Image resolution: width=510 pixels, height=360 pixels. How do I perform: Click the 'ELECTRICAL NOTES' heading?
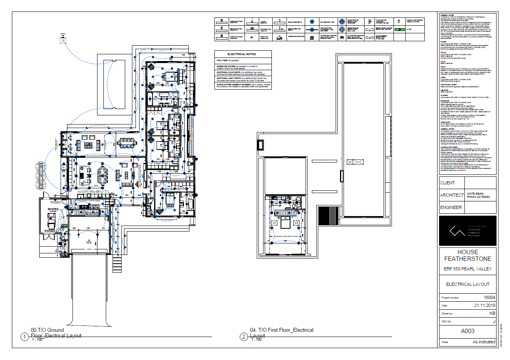tap(241, 54)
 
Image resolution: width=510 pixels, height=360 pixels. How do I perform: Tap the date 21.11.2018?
tap(485, 305)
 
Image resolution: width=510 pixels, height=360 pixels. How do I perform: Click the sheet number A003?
tap(468, 331)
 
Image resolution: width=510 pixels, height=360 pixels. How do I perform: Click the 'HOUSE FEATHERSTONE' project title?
tap(468, 255)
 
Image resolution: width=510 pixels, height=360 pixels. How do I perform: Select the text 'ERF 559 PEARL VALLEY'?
tap(468, 269)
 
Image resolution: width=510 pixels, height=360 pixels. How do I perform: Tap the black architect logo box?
tap(468, 232)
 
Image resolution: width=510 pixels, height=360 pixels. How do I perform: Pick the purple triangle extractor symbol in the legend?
tap(251, 37)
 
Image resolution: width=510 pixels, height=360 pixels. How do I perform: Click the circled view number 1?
tap(25, 337)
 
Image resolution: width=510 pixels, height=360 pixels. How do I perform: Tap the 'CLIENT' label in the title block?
tap(447, 183)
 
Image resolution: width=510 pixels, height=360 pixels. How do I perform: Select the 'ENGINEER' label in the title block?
tap(451, 207)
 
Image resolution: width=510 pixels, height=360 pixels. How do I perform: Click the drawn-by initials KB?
tap(492, 313)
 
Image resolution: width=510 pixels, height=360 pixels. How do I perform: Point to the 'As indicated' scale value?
tap(484, 342)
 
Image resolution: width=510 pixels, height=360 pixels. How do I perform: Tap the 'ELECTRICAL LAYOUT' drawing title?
tap(468, 284)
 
